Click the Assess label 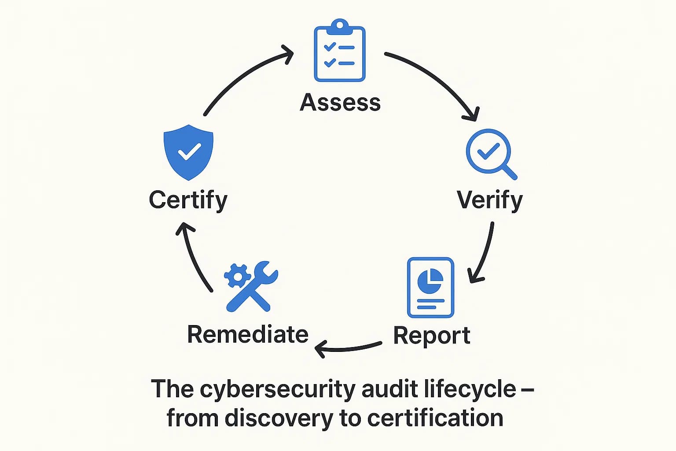pyautogui.click(x=340, y=103)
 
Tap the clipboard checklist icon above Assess pyautogui.click(x=339, y=51)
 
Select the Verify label pyautogui.click(x=489, y=200)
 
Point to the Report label pyautogui.click(x=431, y=336)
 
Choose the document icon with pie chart pyautogui.click(x=430, y=287)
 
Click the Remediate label pyautogui.click(x=247, y=334)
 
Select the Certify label pyautogui.click(x=188, y=200)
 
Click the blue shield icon pyautogui.click(x=188, y=152)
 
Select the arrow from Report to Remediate pyautogui.click(x=348, y=348)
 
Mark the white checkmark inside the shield pyautogui.click(x=189, y=152)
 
